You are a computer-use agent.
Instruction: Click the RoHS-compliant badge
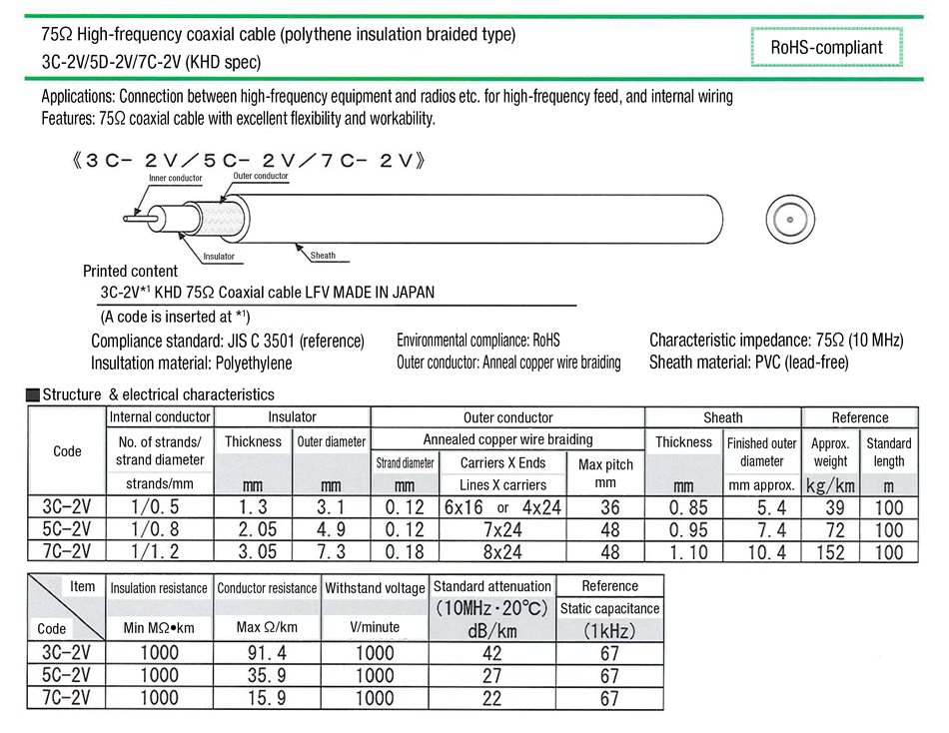click(x=826, y=47)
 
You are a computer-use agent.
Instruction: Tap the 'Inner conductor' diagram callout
click(x=176, y=179)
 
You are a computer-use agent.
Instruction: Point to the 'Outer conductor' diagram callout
click(x=261, y=176)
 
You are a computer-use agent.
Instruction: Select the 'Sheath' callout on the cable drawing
click(x=324, y=256)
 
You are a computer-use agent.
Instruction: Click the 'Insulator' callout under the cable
click(x=219, y=257)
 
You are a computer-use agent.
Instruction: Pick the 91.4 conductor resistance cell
click(x=266, y=654)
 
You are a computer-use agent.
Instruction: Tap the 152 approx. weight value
click(x=830, y=552)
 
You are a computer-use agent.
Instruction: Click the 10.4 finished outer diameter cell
click(x=761, y=552)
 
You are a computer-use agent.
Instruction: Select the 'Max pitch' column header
click(x=606, y=471)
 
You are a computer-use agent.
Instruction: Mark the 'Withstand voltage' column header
click(x=375, y=588)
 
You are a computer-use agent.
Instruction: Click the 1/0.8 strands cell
click(x=160, y=529)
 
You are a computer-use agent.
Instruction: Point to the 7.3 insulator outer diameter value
click(x=331, y=552)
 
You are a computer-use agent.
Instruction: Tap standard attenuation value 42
click(x=491, y=654)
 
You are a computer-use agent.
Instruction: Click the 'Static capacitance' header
click(x=609, y=608)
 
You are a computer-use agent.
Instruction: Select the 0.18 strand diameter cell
click(x=405, y=552)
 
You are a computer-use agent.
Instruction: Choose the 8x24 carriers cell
click(x=502, y=552)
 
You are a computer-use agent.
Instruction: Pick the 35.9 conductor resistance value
click(x=266, y=676)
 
